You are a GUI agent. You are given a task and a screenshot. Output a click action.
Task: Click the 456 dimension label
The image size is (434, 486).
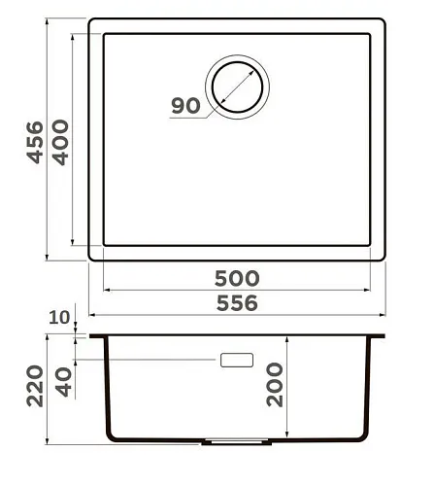click(x=35, y=143)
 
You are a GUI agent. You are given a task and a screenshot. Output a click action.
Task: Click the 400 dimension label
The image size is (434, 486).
click(x=60, y=143)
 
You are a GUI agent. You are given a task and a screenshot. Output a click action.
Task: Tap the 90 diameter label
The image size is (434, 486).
click(x=185, y=106)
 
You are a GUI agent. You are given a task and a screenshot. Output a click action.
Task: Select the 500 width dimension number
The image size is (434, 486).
click(x=237, y=278)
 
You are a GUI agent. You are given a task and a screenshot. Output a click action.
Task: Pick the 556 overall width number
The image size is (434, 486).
click(x=237, y=303)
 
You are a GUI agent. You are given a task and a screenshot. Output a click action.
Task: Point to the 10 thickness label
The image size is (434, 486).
click(x=59, y=317)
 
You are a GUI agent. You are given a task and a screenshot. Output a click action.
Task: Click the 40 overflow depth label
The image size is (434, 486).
click(x=63, y=382)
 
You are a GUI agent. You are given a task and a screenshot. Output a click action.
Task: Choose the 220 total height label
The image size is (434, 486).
click(x=35, y=386)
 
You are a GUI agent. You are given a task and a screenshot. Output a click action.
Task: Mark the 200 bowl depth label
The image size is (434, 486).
click(x=275, y=385)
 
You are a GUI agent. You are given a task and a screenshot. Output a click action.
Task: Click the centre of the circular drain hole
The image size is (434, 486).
click(x=237, y=87)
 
